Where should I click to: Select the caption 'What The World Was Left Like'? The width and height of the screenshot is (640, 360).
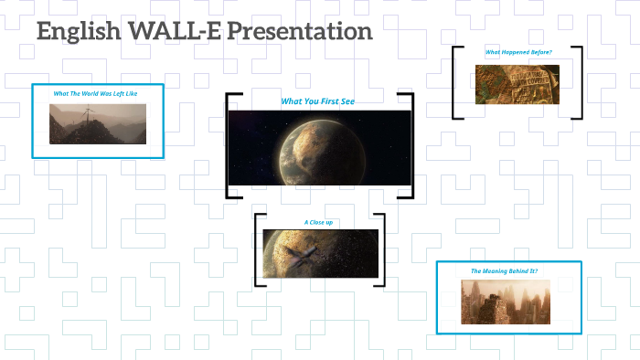(x=95, y=93)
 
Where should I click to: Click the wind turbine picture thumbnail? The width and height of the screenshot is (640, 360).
(x=98, y=124)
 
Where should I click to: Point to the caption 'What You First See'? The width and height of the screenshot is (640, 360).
(x=317, y=101)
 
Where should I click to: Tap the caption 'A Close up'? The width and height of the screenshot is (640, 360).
(x=319, y=222)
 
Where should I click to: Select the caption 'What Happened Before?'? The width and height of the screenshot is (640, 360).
(x=518, y=52)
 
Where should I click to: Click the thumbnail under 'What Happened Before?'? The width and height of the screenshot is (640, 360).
(x=517, y=83)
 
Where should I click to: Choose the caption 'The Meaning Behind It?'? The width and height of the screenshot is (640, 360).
(x=507, y=271)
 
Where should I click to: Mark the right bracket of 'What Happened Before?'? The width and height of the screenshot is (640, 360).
(x=579, y=82)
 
